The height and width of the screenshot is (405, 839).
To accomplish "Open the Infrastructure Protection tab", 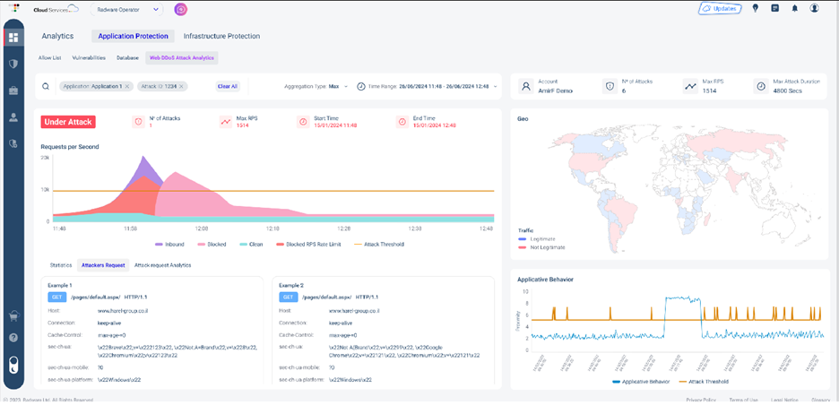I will (x=221, y=37).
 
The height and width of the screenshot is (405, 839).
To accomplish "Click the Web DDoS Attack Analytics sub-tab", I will (x=183, y=57).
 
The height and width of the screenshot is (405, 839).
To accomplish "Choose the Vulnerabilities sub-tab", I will (x=89, y=57).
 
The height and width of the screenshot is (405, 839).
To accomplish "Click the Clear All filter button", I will (x=228, y=87).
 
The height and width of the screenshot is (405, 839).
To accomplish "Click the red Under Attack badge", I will (x=68, y=122).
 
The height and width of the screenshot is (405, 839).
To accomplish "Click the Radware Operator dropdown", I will (x=127, y=9).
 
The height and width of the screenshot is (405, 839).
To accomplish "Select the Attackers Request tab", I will (x=103, y=265).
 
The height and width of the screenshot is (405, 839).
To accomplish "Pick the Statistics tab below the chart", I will (x=61, y=265).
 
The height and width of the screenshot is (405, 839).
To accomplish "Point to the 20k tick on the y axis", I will (x=45, y=157).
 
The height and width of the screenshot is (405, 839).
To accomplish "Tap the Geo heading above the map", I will (x=523, y=116).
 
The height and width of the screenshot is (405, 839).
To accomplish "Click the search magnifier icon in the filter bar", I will (x=47, y=87).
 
